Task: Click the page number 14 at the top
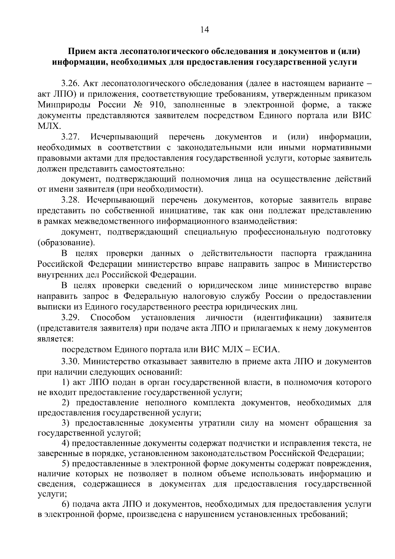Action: click(x=204, y=30)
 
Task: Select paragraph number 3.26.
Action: click(x=70, y=84)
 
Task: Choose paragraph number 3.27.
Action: click(x=70, y=137)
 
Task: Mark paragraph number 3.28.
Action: click(x=70, y=200)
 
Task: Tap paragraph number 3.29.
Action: click(x=70, y=318)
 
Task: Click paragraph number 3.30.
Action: click(x=70, y=361)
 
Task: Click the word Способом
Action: click(x=111, y=318)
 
